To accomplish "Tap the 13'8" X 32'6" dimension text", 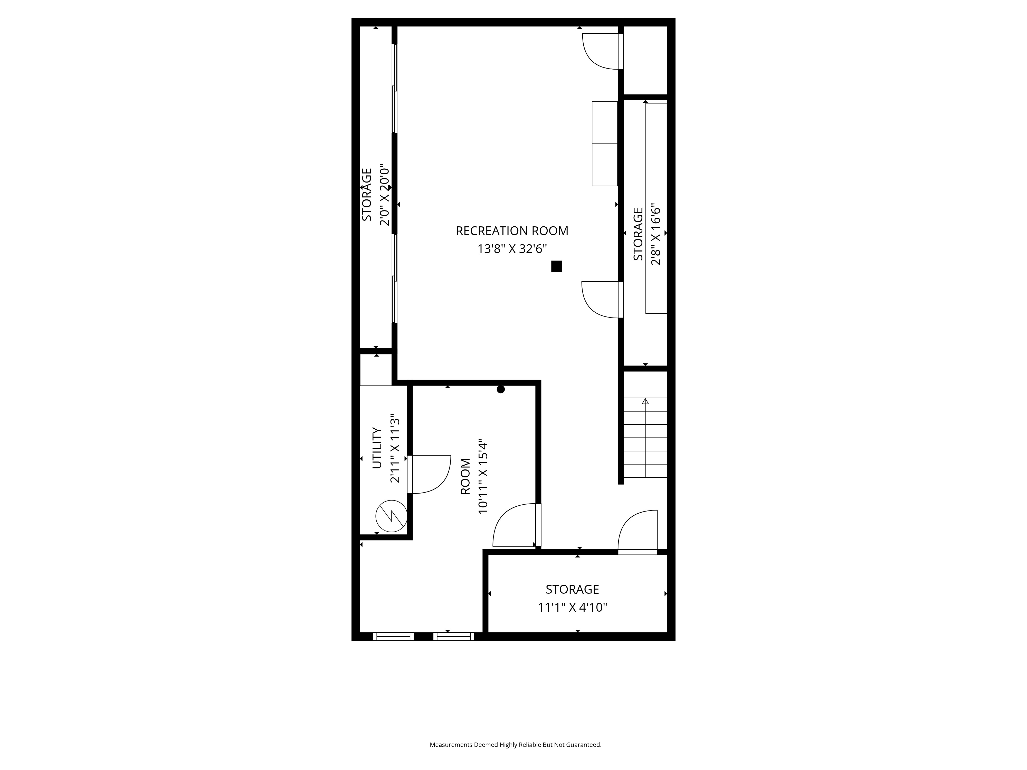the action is pos(512,249).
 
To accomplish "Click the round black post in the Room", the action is pos(500,389).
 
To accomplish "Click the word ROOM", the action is pos(465,476).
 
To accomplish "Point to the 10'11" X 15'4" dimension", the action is pos(483,476).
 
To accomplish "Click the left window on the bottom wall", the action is pos(393,636).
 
